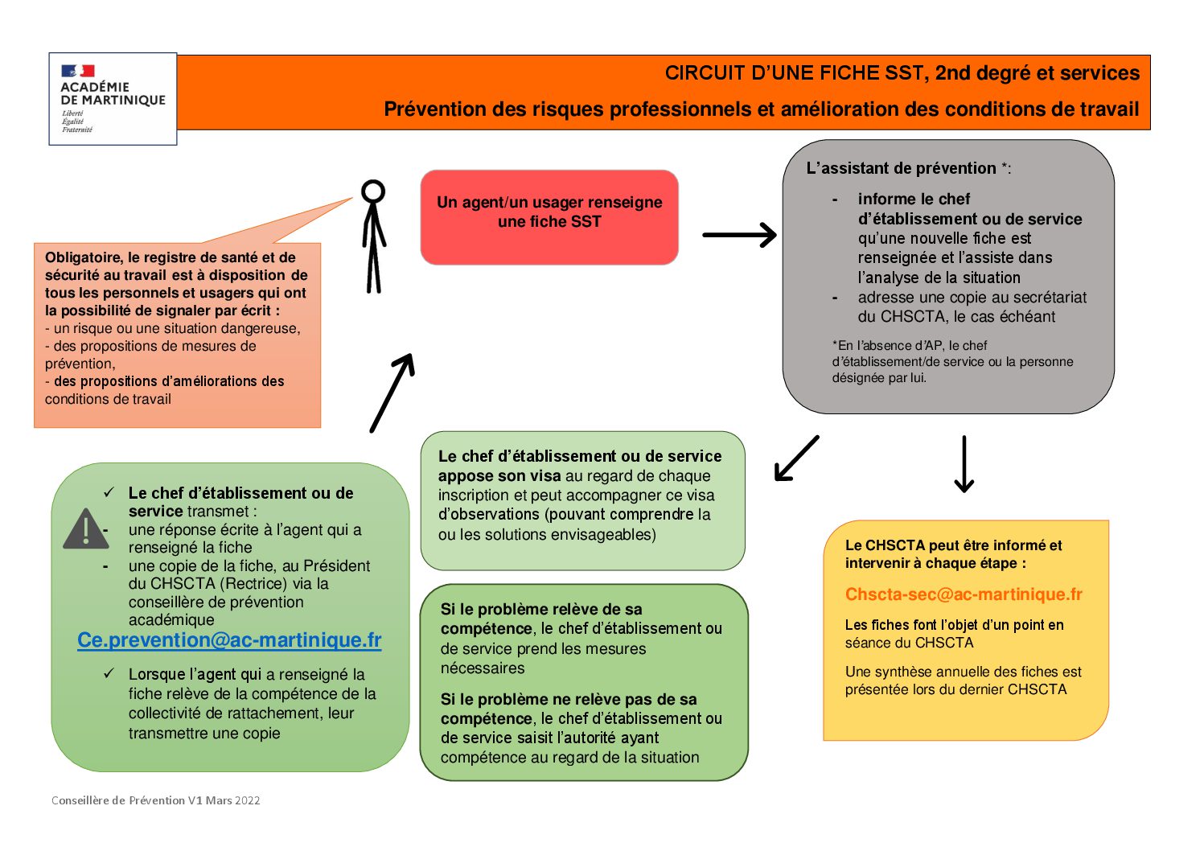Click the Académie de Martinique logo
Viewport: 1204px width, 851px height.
113,98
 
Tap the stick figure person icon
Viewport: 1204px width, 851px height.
373,235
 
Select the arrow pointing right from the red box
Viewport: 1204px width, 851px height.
739,235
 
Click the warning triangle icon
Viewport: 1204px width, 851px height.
85,529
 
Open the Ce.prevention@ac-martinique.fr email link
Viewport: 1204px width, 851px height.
229,640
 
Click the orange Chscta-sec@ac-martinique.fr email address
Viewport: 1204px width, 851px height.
964,594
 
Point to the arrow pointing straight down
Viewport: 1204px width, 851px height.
964,464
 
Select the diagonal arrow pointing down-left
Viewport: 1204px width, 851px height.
796,458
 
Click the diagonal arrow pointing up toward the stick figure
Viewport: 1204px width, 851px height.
392,393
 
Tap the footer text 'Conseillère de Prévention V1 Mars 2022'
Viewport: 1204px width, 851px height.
156,800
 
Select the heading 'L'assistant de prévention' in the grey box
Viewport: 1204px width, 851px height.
902,168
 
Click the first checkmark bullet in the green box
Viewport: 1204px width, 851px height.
109,492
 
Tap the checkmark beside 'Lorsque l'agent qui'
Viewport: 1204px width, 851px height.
109,673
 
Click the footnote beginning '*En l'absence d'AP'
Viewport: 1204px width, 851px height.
952,361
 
